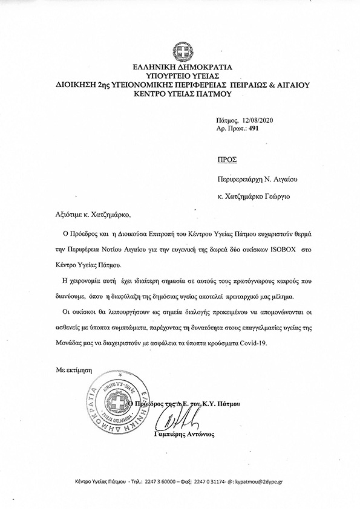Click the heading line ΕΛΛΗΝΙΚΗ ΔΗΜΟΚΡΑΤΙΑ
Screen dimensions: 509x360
coord(180,68)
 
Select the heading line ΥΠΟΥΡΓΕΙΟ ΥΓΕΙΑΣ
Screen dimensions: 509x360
coord(180,77)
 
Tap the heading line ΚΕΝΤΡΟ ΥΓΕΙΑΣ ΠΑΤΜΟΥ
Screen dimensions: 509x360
coord(180,95)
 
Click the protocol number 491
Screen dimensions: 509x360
coord(244,129)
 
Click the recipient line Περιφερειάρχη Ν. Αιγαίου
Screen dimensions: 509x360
coord(257,180)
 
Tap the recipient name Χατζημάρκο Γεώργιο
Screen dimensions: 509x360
coord(265,197)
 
